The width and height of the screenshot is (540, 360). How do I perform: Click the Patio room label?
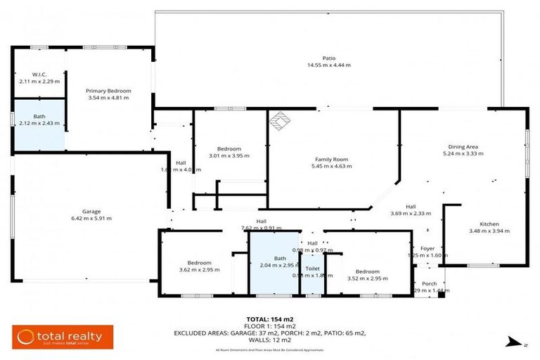tap(328, 58)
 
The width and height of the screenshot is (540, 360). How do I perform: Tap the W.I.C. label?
tap(39, 75)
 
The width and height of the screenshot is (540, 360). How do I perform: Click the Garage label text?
tap(91, 211)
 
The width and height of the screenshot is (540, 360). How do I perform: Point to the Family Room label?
tap(332, 160)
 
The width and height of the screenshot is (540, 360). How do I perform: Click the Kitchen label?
tap(489, 224)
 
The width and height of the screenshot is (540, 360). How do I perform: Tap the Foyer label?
tap(427, 248)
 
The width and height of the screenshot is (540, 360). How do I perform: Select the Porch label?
tap(429, 283)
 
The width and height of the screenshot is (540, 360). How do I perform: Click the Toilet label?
tap(312, 269)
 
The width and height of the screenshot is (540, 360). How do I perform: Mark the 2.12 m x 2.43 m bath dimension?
tap(39, 124)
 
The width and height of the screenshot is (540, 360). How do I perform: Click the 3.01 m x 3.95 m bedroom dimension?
tap(229, 155)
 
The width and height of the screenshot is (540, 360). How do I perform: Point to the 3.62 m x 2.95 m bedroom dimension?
tap(194, 269)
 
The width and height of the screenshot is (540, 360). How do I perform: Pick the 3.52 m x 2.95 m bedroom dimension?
tap(367, 278)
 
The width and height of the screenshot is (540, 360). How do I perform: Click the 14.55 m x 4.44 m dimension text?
tap(328, 65)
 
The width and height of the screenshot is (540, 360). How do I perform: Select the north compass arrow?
tap(512, 342)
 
